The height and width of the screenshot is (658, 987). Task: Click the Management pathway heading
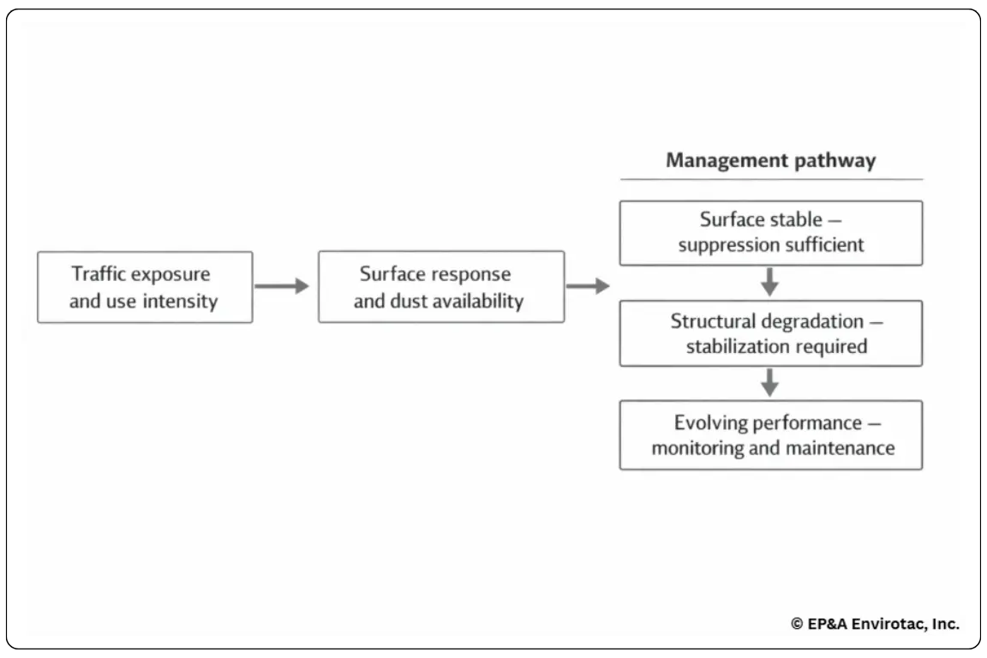tap(770, 160)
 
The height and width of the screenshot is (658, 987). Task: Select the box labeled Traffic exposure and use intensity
tap(145, 287)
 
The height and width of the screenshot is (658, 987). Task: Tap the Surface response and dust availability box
tap(440, 287)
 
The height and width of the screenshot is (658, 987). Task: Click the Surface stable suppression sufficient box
tap(770, 233)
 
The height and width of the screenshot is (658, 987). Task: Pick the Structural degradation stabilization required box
tap(770, 333)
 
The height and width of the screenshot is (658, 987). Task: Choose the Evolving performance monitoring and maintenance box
tap(770, 434)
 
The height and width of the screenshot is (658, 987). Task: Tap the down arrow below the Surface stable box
tap(770, 282)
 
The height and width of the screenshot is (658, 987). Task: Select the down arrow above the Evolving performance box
tap(770, 383)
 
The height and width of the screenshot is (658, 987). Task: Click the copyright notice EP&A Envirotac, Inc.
tap(875, 625)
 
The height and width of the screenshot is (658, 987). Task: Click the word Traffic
tap(99, 274)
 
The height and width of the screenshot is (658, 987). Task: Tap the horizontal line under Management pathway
tap(770, 179)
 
